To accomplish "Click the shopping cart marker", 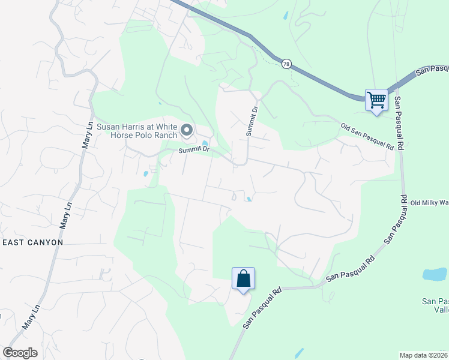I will pos(376,100).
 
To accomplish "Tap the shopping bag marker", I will pos(243,279).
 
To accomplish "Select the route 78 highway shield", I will pos(286,64).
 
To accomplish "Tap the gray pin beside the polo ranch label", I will pos(187,130).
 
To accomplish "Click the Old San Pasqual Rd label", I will pos(366,137).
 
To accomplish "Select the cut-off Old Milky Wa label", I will pos(429,202).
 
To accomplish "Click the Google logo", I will pos(20,353).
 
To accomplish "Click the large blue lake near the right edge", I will pos(434,275).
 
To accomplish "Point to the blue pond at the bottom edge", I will pos(298,353).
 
